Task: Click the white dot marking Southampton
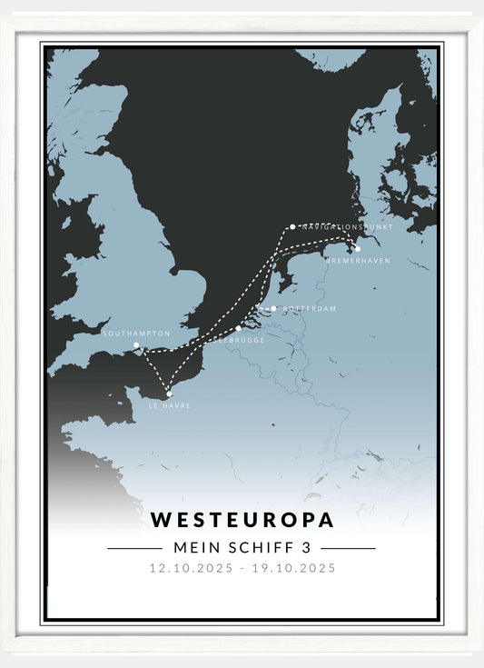[x=136, y=345]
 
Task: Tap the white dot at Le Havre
[x=169, y=394]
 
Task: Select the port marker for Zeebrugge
[x=239, y=329]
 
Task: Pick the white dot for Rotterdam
[x=273, y=308]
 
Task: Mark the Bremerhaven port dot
[x=357, y=248]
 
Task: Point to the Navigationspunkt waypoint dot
[x=292, y=227]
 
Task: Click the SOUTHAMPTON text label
[x=136, y=334]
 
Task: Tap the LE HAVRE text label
[x=170, y=406]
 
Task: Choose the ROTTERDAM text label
[x=309, y=309]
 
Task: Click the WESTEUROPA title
[x=242, y=520]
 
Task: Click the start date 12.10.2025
[x=193, y=569]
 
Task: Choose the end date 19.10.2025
[x=291, y=569]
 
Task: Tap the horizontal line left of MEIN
[x=134, y=549]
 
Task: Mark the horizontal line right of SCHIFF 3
[x=348, y=549]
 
